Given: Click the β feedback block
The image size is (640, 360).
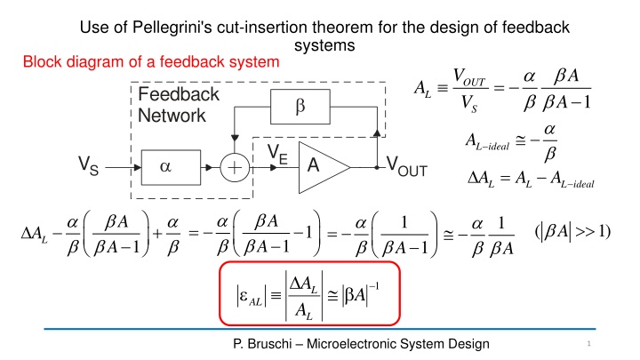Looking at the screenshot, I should coord(300,106).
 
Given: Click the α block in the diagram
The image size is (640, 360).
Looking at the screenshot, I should coord(165,166).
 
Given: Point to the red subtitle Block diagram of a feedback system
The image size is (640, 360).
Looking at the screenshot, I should coord(150,63).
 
